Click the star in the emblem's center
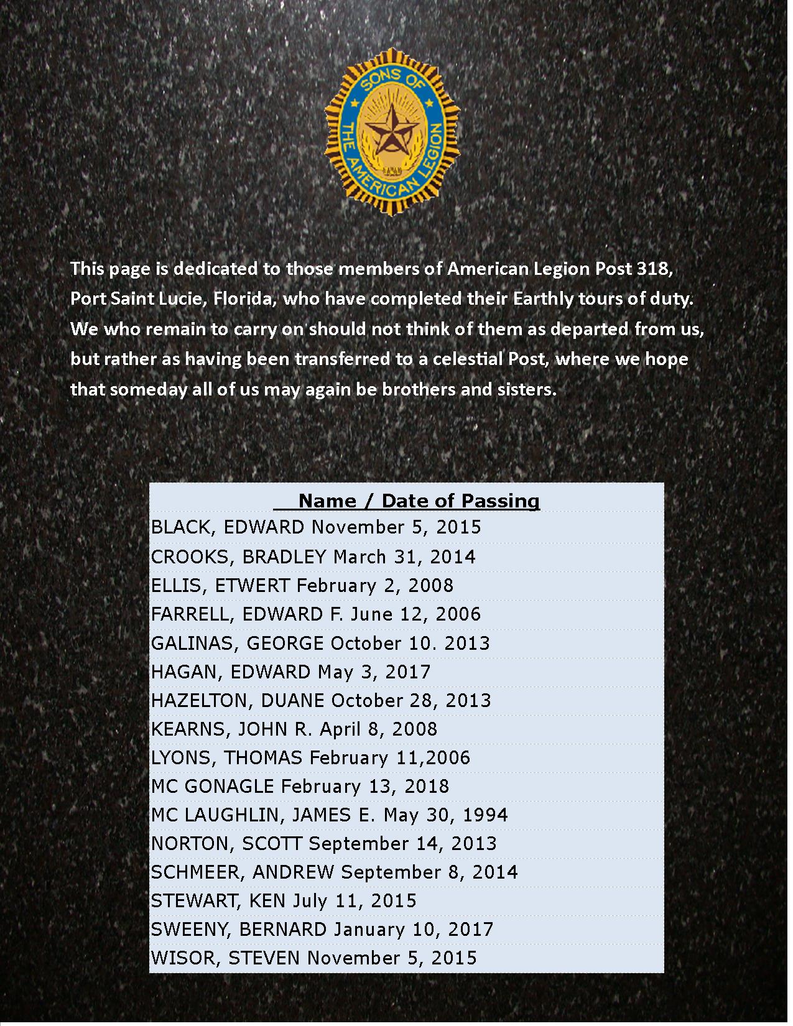391,131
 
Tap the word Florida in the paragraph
243,299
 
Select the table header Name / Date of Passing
419,501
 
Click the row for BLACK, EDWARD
316,527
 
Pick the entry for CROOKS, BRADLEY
313,557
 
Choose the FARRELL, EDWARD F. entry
315,614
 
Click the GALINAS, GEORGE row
320,643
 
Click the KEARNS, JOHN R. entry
294,729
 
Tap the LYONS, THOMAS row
310,758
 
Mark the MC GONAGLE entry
299,787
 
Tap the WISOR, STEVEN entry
313,958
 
